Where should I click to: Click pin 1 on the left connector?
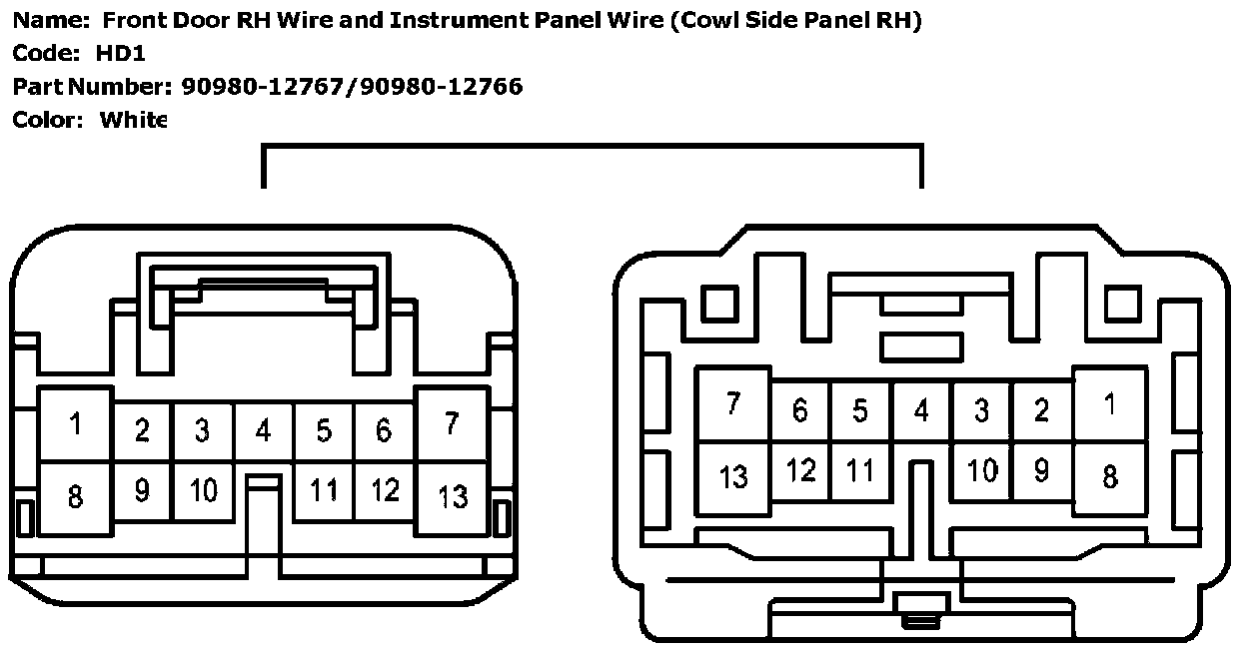pyautogui.click(x=75, y=424)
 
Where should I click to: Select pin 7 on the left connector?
pyautogui.click(x=452, y=423)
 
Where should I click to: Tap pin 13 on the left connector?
pyautogui.click(x=453, y=495)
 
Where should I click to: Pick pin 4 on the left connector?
pyautogui.click(x=263, y=430)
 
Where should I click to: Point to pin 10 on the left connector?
pyautogui.click(x=203, y=490)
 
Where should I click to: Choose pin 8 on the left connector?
pyautogui.click(x=75, y=495)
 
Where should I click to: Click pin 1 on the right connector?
pyautogui.click(x=1109, y=404)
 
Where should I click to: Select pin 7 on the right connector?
pyautogui.click(x=733, y=404)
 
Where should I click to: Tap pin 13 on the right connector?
pyautogui.click(x=733, y=476)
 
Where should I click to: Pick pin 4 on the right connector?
pyautogui.click(x=921, y=410)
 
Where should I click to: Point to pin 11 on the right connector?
pyautogui.click(x=860, y=470)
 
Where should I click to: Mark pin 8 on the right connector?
pyautogui.click(x=1109, y=476)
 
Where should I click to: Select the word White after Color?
pyautogui.click(x=132, y=120)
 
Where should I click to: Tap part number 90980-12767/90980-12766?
pyautogui.click(x=352, y=87)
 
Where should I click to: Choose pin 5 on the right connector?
pyautogui.click(x=860, y=410)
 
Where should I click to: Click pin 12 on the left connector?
pyautogui.click(x=385, y=490)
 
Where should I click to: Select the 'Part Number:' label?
pyautogui.click(x=92, y=87)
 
